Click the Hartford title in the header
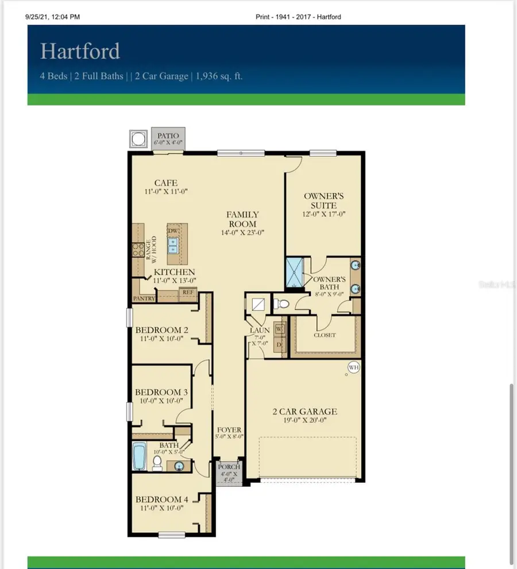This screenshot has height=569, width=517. [80, 51]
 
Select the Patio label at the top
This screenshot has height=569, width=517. [168, 136]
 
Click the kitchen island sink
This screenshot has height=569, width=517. [173, 246]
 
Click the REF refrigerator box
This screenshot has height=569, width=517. [187, 292]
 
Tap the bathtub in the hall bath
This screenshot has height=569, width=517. [140, 456]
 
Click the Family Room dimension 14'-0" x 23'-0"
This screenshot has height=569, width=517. [242, 233]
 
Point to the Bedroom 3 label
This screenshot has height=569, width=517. [161, 392]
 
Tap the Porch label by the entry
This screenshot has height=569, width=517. [229, 467]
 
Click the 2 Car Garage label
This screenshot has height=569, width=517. [304, 411]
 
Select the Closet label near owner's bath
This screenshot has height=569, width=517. [325, 335]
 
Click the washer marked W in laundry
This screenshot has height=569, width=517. [279, 329]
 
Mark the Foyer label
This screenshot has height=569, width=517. [229, 430]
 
